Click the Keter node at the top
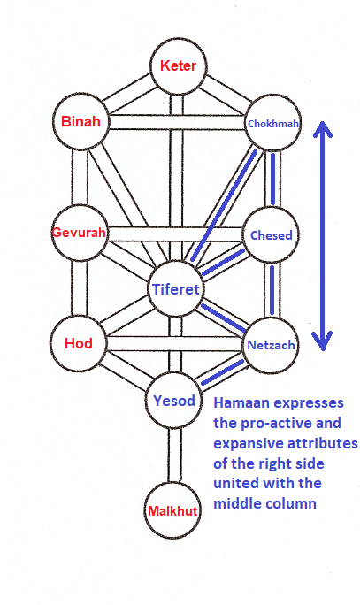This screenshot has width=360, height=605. tap(179, 66)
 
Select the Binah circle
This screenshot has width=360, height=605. tap(80, 121)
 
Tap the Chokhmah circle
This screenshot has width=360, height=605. tap(273, 123)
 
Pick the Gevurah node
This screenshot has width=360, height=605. tap(80, 233)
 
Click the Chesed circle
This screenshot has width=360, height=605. tap(272, 235)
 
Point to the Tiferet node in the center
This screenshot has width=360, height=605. tap(176, 289)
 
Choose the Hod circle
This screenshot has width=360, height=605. tap(79, 343)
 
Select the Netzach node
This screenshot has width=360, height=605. tap(271, 345)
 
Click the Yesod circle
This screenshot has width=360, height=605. tap(174, 401)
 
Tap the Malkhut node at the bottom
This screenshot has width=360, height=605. tap(172, 510)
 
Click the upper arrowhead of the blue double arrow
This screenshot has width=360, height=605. tap(322, 128)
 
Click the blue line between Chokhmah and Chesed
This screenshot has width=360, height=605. tap(272, 179)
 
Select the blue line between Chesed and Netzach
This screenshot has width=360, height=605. tap(272, 289)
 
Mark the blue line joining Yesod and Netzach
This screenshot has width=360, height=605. tap(223, 372)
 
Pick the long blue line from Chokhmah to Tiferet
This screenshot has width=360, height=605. tap(224, 206)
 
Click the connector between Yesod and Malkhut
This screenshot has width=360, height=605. tap(174, 456)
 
